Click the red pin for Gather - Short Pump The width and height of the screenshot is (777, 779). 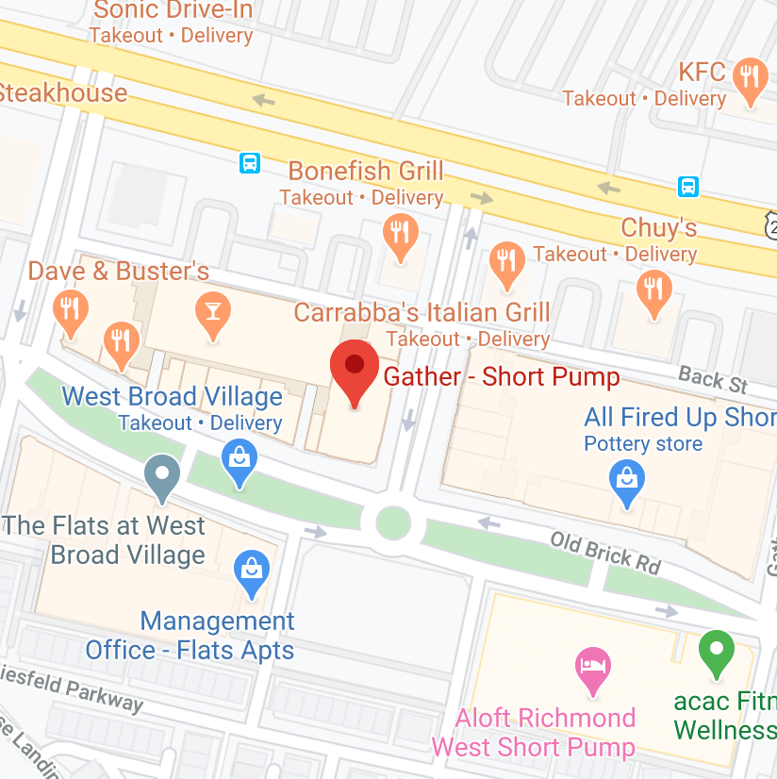tap(355, 368)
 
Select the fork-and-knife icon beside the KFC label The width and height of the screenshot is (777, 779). tap(751, 78)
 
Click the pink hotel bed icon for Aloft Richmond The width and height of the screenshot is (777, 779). tap(592, 666)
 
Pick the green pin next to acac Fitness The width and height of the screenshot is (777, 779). tap(717, 651)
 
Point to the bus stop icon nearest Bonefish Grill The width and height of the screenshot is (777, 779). tap(249, 163)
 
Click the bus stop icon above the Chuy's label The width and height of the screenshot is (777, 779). tap(688, 186)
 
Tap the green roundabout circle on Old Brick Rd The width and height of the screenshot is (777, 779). tap(392, 522)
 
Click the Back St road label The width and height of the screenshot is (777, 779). tap(713, 380)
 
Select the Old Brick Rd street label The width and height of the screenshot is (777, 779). tap(606, 553)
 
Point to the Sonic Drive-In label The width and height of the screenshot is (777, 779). tap(173, 11)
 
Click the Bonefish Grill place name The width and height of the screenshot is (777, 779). tap(365, 172)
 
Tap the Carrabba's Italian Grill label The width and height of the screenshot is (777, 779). tap(422, 312)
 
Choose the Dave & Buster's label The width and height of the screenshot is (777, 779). tap(118, 272)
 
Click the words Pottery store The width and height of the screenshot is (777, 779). tap(643, 443)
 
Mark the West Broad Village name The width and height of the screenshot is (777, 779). tap(172, 396)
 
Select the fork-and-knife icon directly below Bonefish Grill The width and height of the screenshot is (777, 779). tap(401, 233)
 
